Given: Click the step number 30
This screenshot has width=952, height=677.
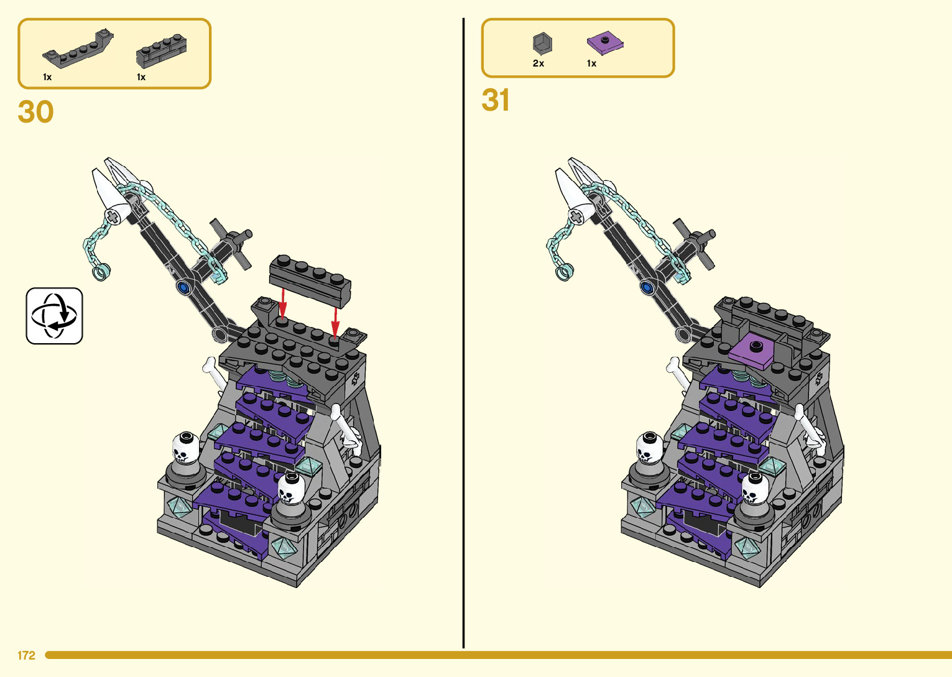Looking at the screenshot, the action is [35, 112].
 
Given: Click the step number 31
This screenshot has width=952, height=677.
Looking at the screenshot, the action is [495, 100].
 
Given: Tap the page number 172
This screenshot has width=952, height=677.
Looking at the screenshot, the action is [26, 655].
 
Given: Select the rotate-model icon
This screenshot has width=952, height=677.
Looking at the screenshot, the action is [54, 316].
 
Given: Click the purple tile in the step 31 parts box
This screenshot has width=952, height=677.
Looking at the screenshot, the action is [605, 44].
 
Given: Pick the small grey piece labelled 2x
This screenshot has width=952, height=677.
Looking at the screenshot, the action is [542, 44].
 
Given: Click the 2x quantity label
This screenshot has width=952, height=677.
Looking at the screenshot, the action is [538, 63].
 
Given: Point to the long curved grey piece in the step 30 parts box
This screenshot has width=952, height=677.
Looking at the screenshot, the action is [78, 49].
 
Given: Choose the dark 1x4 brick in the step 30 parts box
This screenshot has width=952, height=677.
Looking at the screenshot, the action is [161, 52].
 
